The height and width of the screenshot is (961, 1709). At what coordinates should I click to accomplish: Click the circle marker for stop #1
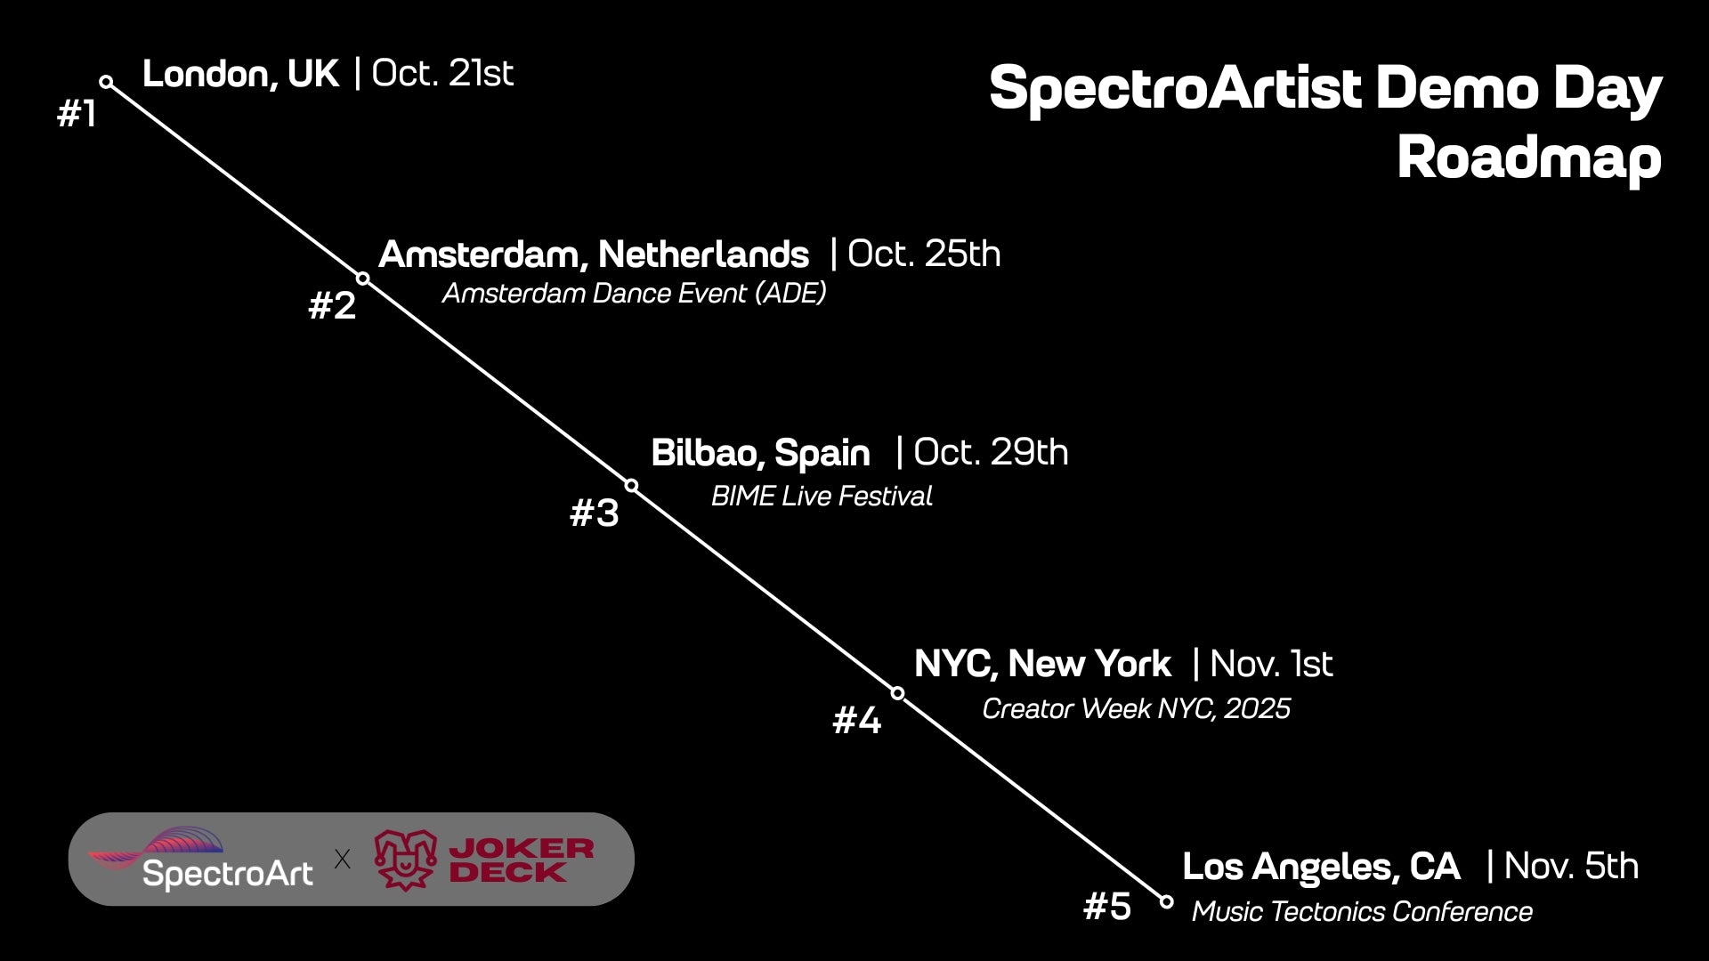[107, 82]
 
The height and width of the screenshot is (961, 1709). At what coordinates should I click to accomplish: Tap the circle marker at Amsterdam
[363, 279]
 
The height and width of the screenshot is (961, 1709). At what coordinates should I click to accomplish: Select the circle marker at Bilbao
[631, 485]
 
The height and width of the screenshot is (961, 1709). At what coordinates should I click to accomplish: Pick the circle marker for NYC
[898, 693]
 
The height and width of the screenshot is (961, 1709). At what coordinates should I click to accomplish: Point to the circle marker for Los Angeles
[1167, 901]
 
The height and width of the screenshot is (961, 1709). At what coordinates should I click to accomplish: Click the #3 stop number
[594, 513]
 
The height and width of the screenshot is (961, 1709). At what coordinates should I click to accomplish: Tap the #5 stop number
[1107, 907]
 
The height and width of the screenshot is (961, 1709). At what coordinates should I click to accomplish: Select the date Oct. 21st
[442, 73]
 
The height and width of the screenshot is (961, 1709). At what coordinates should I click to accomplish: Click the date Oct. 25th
[924, 254]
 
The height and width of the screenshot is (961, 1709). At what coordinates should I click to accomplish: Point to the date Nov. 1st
[1271, 664]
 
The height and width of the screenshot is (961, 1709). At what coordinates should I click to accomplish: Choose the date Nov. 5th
[1571, 866]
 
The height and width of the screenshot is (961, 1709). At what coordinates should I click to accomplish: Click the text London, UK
[240, 75]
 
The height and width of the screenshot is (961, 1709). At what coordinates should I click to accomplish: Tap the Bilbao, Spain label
[760, 454]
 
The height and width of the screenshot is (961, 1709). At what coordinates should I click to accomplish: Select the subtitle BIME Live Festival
[822, 496]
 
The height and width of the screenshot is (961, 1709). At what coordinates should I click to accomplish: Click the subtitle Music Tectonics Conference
[1362, 912]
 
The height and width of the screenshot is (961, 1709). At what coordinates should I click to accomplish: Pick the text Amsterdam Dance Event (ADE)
[634, 293]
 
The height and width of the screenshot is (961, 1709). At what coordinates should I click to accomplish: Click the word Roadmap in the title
[1529, 158]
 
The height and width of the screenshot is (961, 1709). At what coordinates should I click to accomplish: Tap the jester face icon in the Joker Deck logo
[406, 860]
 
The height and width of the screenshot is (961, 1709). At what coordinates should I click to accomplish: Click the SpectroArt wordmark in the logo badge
[228, 874]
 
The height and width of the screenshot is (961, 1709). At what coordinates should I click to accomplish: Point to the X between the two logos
[342, 859]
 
